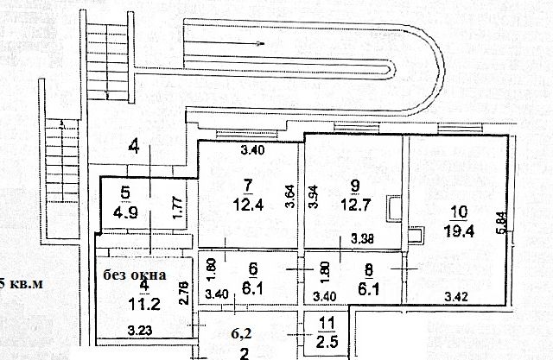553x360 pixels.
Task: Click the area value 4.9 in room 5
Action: click(127, 209)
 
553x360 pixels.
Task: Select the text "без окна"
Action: click(133, 275)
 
